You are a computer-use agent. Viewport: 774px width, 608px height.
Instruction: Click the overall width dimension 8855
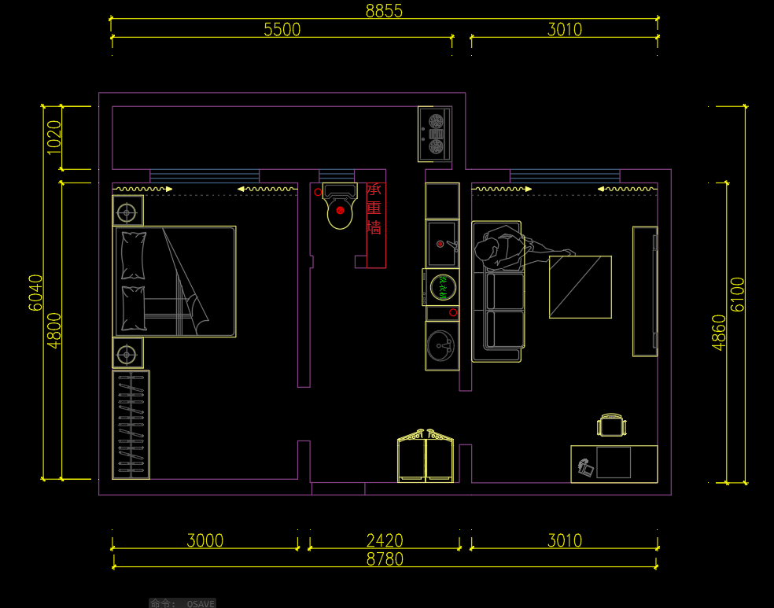(x=384, y=10)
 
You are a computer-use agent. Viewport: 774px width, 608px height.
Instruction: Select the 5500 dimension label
(x=282, y=30)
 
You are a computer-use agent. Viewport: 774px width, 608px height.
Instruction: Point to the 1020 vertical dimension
(x=54, y=137)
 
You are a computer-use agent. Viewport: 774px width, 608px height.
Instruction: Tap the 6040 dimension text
(x=36, y=293)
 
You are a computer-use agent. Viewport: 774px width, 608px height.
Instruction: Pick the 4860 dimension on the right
(x=719, y=331)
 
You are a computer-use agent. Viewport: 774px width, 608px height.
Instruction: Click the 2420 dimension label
(x=385, y=540)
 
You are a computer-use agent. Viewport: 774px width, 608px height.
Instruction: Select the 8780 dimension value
(x=385, y=559)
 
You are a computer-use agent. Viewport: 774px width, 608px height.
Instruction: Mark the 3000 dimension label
(x=205, y=540)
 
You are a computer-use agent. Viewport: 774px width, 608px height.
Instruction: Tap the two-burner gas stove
(x=435, y=134)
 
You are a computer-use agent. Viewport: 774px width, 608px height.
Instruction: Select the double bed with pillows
(x=175, y=282)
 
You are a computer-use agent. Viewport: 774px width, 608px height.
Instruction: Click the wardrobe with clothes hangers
(x=131, y=425)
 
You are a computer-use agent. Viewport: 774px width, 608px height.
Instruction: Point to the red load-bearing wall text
(x=374, y=208)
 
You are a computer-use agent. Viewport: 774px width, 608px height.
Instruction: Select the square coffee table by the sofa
(x=580, y=286)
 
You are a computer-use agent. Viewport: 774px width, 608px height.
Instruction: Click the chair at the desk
(x=612, y=425)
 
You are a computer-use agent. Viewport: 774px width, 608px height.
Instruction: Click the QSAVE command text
(x=201, y=603)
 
